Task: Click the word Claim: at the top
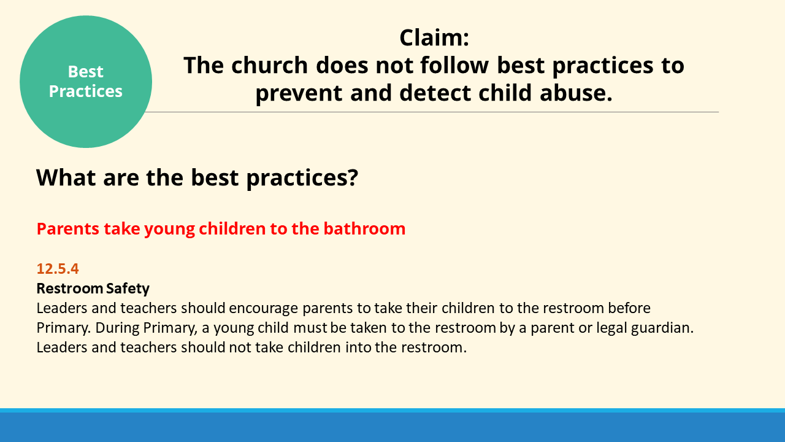434,37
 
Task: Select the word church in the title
269,65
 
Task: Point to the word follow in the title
454,65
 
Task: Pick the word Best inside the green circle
85,72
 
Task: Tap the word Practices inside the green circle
85,91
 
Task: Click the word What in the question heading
66,177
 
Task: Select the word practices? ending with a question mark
302,178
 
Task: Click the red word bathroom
364,229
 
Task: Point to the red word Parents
68,229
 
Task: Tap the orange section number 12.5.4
58,269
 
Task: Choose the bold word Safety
128,289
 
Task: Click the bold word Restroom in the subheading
70,289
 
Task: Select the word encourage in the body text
263,308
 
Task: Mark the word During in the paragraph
117,328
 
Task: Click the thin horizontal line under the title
432,112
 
